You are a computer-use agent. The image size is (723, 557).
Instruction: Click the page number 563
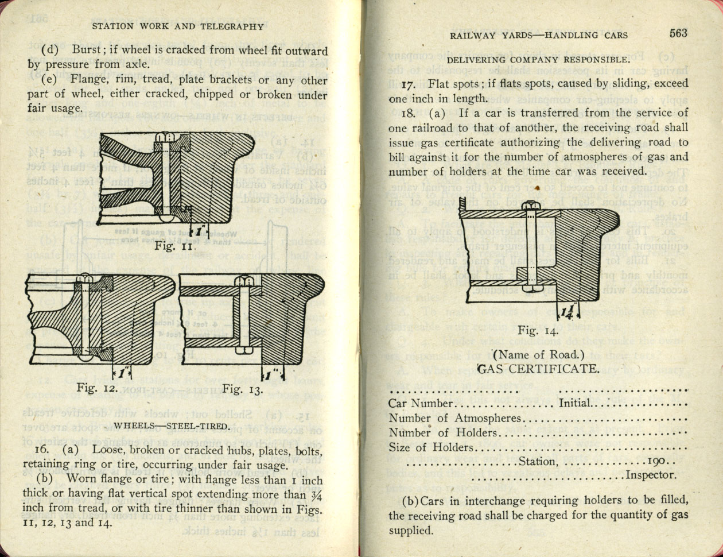point(678,33)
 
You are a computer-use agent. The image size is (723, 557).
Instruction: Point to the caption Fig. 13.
point(242,390)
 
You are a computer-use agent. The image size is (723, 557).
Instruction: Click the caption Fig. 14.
point(538,330)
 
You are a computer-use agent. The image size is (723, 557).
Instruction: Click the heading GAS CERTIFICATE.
point(538,368)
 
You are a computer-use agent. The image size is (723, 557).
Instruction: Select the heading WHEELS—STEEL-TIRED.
point(172,426)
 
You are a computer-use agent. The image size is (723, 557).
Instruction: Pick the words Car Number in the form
point(421,404)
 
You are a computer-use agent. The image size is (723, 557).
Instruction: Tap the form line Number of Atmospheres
point(455,419)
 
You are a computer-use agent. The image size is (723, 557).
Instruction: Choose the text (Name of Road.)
point(538,355)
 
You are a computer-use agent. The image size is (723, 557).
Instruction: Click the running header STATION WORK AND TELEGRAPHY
point(177,26)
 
